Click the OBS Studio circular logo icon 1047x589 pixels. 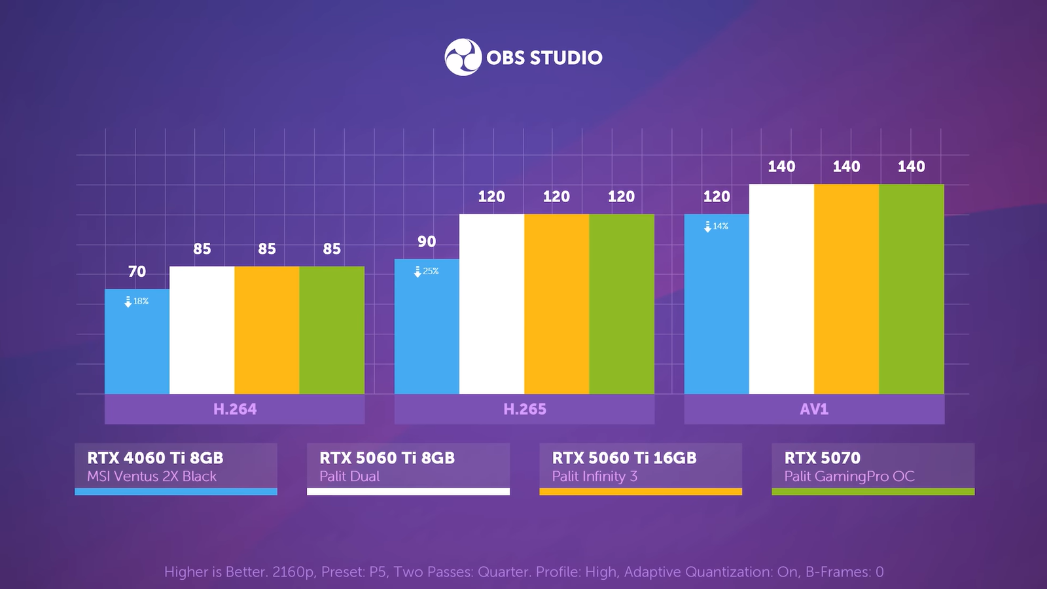point(463,58)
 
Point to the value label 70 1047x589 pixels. point(137,272)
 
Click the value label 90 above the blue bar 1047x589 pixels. point(427,241)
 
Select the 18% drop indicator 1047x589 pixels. point(137,301)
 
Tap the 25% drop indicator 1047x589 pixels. point(427,271)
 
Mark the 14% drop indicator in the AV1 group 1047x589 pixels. point(717,226)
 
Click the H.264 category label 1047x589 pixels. point(235,409)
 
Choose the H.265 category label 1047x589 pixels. point(525,409)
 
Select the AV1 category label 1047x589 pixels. point(814,409)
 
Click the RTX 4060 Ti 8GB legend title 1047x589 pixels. point(155,457)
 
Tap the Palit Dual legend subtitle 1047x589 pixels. point(349,476)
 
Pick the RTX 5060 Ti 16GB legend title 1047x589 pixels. point(624,457)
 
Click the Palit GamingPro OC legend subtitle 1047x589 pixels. point(849,476)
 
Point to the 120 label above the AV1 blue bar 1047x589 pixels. point(717,196)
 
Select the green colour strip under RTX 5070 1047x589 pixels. point(873,491)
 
